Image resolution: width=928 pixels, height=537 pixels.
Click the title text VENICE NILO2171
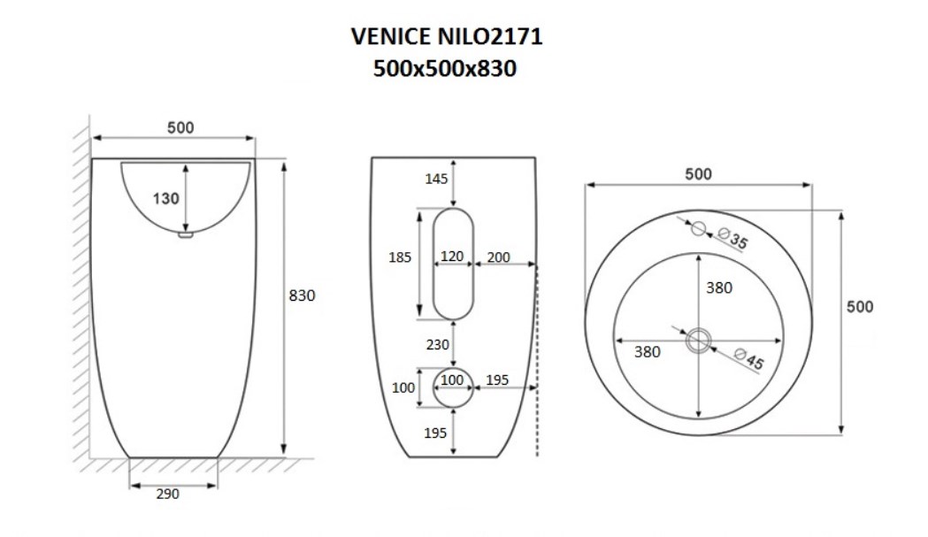coord(447,36)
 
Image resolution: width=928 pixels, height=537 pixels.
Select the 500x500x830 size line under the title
coord(445,69)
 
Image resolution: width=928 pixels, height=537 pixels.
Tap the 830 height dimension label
coord(302,295)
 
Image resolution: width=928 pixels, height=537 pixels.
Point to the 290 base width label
coord(167,494)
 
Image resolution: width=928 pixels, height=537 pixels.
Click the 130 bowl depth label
coord(165,198)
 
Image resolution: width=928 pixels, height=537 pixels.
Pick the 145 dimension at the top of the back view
coord(436,179)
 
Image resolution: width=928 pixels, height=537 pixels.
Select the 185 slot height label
coord(400,257)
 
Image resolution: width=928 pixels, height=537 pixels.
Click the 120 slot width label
coord(452,257)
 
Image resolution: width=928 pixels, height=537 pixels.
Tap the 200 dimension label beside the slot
coord(498,257)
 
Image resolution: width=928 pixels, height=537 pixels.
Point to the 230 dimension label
coord(437,344)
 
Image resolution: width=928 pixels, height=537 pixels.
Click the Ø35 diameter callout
coord(733,238)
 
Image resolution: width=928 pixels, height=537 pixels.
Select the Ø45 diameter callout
coord(748,358)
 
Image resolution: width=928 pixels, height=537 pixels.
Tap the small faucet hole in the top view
coord(698,228)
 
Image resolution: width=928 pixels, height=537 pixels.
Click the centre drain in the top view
coord(698,341)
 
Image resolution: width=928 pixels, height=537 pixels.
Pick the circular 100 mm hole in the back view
coord(453,387)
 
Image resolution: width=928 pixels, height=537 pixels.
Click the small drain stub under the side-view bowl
coord(186,234)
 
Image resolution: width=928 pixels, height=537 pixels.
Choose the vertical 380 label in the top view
coord(719,288)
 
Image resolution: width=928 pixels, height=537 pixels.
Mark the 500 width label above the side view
coord(180,128)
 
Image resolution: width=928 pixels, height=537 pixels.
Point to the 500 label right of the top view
coord(860,307)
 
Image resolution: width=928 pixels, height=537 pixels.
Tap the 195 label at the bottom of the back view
coord(435,433)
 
